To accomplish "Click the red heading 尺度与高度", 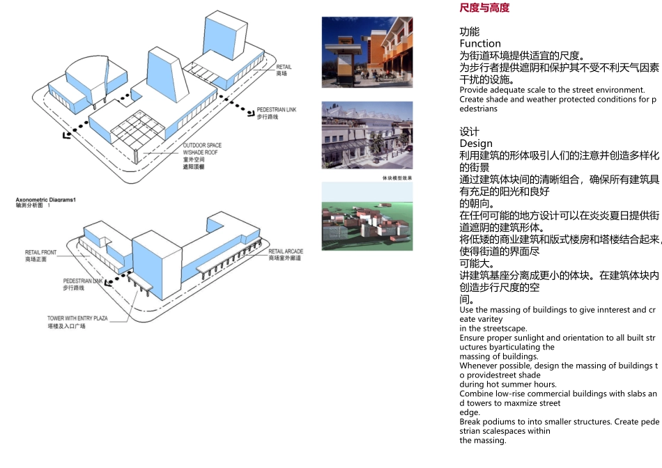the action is [x=484, y=8].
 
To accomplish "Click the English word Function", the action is [x=480, y=43].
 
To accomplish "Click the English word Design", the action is [x=476, y=143].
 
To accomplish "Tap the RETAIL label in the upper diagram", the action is [x=284, y=67].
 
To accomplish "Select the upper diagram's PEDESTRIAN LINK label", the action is [x=277, y=110].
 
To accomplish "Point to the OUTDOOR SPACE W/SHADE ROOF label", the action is [x=202, y=148].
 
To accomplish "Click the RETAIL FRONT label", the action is [x=40, y=252].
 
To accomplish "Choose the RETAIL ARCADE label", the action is [x=286, y=251].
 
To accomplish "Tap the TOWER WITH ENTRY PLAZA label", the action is [x=77, y=318].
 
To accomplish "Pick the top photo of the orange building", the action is [x=367, y=52].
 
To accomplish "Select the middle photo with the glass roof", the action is [x=367, y=135].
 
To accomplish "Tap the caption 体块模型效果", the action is [x=397, y=178].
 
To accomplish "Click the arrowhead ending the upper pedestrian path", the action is [x=67, y=134].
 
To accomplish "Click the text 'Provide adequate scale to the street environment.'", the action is [x=552, y=90].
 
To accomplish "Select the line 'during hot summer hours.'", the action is [x=498, y=384].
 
